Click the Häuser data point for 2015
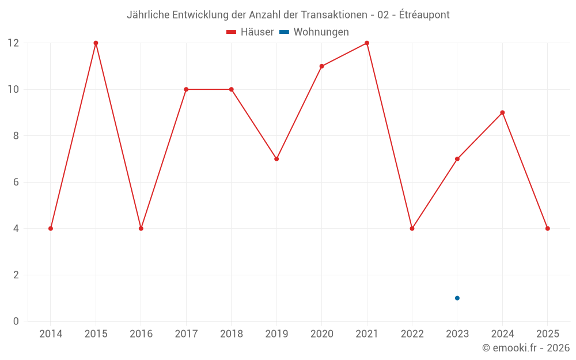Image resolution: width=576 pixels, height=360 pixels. click(96, 43)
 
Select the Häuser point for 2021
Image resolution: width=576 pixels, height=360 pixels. click(367, 43)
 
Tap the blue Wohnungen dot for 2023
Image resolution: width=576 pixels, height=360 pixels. click(457, 298)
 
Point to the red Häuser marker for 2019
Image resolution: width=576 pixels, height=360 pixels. click(276, 159)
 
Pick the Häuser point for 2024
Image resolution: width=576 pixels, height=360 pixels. click(502, 112)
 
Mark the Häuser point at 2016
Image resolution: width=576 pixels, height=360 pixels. click(141, 229)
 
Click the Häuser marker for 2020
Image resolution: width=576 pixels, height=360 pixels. click(321, 66)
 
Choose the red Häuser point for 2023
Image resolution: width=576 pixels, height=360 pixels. click(457, 159)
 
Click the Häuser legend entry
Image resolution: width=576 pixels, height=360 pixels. click(250, 32)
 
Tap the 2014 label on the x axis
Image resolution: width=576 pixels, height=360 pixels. click(51, 334)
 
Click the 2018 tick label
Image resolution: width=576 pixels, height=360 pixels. click(231, 334)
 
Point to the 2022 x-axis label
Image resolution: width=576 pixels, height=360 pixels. click(412, 334)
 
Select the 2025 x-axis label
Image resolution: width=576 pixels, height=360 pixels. click(547, 334)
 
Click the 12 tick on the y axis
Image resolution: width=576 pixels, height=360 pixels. click(13, 43)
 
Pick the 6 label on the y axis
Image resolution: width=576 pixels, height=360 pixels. click(16, 182)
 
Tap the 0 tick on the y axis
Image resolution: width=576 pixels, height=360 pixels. click(16, 321)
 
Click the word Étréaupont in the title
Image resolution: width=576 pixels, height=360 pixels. click(425, 14)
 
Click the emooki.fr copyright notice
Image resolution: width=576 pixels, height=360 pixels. click(526, 348)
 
